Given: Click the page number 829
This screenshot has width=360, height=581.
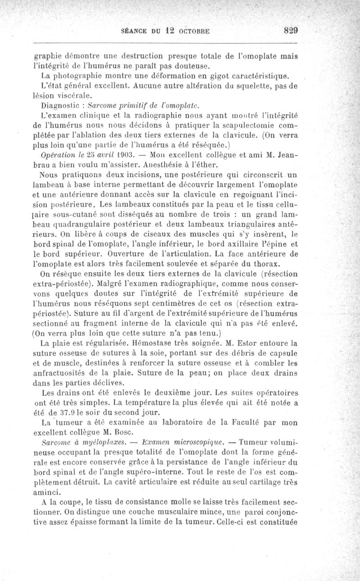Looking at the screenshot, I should (x=291, y=31).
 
